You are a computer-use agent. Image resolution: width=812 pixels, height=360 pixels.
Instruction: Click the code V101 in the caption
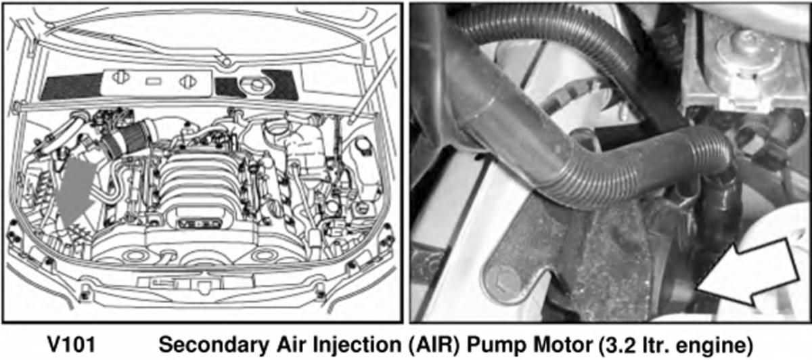tap(72, 344)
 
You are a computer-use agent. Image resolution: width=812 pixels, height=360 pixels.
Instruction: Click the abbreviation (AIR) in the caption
tap(434, 344)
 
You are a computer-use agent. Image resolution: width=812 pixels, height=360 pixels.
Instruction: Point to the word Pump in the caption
tap(493, 345)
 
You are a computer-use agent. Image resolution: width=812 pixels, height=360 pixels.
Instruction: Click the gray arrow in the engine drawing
tap(75, 190)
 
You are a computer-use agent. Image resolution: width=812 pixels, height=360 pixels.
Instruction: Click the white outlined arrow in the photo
tap(750, 274)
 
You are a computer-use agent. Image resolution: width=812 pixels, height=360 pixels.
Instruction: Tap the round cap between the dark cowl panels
tap(256, 85)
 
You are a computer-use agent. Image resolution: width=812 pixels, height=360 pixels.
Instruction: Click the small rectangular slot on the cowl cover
tap(154, 81)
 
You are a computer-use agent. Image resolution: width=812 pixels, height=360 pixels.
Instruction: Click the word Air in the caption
tap(292, 344)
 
